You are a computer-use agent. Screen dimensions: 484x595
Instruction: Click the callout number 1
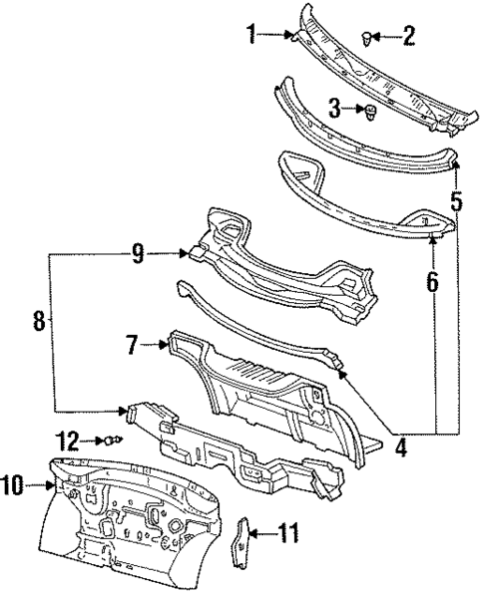(251, 34)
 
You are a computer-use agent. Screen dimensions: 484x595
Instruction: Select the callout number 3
(335, 109)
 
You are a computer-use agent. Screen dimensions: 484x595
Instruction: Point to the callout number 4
(401, 446)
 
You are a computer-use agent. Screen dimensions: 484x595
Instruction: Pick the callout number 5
(457, 201)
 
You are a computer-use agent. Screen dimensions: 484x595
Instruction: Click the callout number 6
(433, 282)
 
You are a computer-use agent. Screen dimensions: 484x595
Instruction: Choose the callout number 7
(132, 345)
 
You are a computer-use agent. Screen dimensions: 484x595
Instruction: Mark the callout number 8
(40, 321)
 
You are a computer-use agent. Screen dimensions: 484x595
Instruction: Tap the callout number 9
(139, 253)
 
